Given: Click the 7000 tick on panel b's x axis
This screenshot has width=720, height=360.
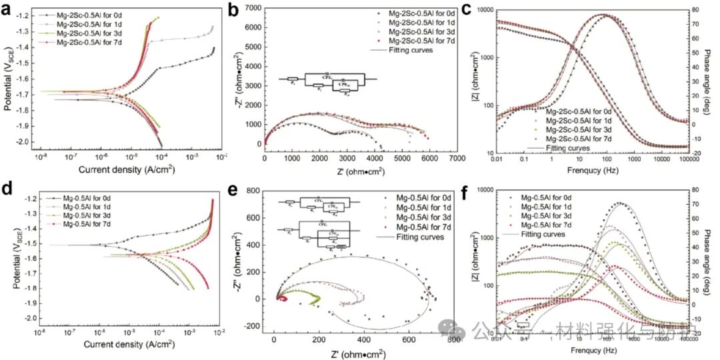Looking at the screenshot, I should [x=457, y=159].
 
